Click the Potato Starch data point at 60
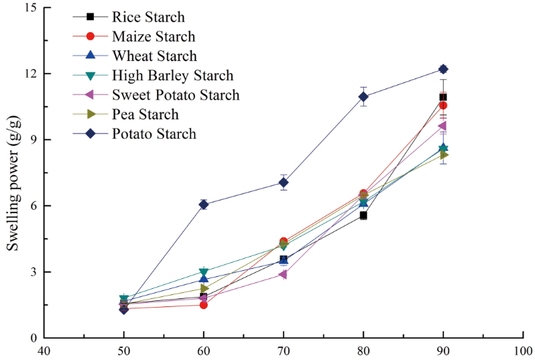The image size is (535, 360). tap(203, 204)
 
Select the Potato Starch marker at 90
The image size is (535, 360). tap(443, 69)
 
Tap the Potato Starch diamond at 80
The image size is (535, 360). tap(363, 97)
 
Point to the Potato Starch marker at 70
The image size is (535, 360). tap(284, 182)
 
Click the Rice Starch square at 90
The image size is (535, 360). tap(443, 97)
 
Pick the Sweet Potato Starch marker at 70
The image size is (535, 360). tap(283, 274)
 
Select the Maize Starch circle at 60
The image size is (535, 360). tap(203, 305)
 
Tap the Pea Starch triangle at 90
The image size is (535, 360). tap(444, 155)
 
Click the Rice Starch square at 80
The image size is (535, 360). tap(363, 215)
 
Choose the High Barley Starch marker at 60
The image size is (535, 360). tap(203, 272)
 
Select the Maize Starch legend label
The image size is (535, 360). tap(154, 36)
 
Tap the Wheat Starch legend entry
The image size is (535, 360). tap(154, 56)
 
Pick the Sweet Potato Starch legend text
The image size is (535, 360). tap(176, 95)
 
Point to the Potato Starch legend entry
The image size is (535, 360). tap(154, 133)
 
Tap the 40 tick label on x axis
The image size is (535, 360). tap(44, 351)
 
